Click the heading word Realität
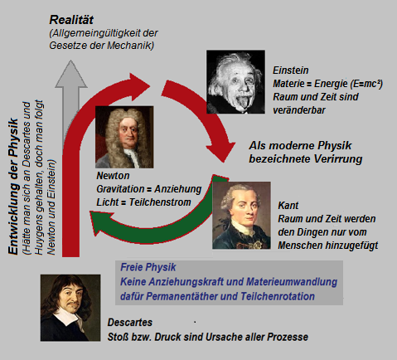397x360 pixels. point(71,20)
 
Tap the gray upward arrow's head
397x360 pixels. point(71,74)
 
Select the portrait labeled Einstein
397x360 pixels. point(235,82)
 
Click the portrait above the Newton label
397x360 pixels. point(124,137)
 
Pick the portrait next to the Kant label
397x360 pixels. point(241,215)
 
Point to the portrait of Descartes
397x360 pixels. point(70,308)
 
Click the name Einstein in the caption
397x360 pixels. point(291,71)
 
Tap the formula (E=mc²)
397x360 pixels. point(366,84)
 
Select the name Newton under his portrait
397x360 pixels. point(113,176)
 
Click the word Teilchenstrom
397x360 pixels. point(160,202)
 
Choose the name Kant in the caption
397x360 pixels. point(288,206)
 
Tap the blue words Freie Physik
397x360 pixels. point(148,267)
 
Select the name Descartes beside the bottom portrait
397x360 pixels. point(130,323)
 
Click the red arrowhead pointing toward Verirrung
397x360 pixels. point(220,150)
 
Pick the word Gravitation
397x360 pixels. point(120,189)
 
